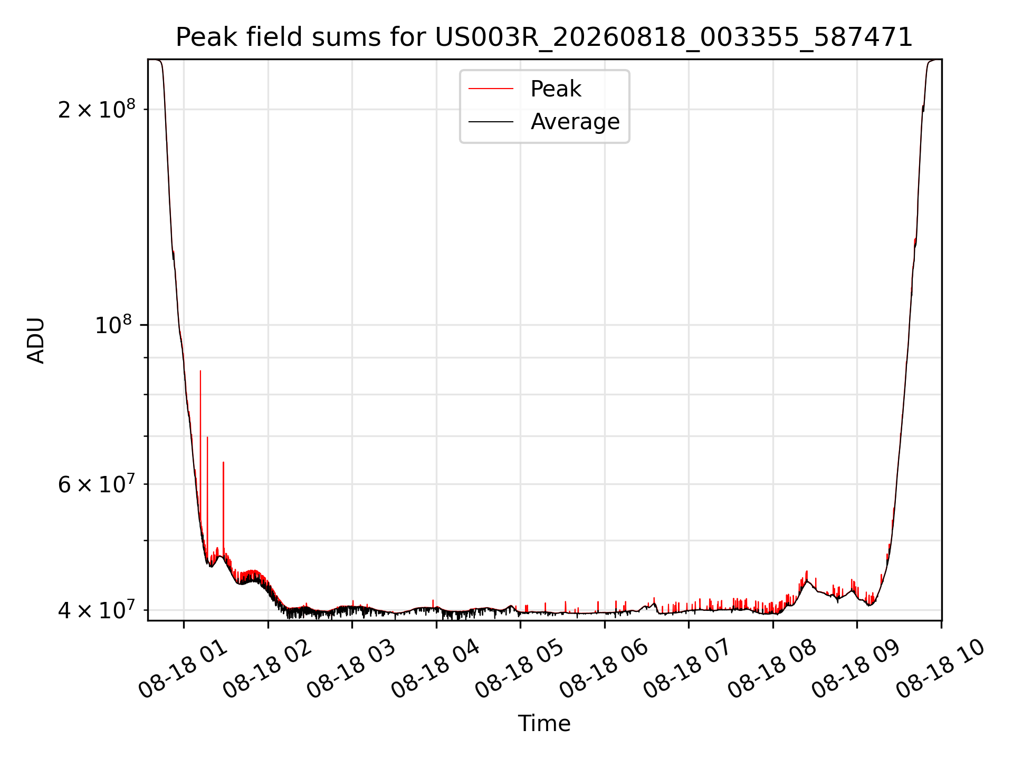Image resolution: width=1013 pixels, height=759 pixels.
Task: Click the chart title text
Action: pyautogui.click(x=544, y=37)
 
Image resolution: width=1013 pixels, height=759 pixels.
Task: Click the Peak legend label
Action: pyautogui.click(x=556, y=89)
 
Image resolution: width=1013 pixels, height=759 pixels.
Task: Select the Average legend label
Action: pyautogui.click(x=575, y=122)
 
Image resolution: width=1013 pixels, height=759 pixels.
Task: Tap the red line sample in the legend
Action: pyautogui.click(x=491, y=89)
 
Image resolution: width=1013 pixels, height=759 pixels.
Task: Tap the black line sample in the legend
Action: pyautogui.click(x=491, y=122)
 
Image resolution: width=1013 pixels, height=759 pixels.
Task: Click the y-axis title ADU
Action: pyautogui.click(x=36, y=340)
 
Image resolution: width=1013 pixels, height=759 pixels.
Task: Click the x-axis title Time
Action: pyautogui.click(x=544, y=723)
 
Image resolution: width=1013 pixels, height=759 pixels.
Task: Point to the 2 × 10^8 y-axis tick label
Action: pyautogui.click(x=97, y=109)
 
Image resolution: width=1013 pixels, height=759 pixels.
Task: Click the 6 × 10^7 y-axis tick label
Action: pyautogui.click(x=97, y=483)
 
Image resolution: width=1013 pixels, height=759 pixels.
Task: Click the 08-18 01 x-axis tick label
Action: pyautogui.click(x=183, y=668)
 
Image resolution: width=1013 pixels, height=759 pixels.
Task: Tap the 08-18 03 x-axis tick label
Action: pyautogui.click(x=351, y=668)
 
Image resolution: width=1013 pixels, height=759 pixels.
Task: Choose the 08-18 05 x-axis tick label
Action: pyautogui.click(x=519, y=668)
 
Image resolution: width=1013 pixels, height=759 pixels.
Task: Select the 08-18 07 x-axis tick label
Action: pyautogui.click(x=687, y=668)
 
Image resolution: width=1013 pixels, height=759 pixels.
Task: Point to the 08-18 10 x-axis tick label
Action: pyautogui.click(x=940, y=668)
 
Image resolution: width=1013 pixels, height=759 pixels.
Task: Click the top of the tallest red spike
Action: pyautogui.click(x=200, y=371)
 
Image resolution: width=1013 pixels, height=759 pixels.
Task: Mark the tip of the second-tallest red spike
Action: pyautogui.click(x=207, y=437)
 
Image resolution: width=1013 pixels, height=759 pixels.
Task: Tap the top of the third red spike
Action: pyautogui.click(x=223, y=462)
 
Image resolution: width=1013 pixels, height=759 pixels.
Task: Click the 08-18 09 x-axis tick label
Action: pyautogui.click(x=856, y=668)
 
